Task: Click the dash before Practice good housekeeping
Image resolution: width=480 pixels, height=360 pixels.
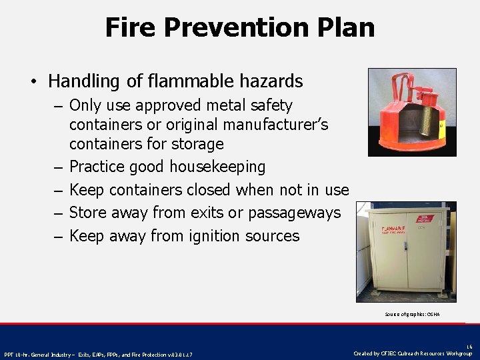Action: coord(59,167)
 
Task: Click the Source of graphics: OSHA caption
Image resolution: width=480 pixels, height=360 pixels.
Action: coord(412,314)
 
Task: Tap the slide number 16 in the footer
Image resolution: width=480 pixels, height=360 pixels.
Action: coord(470,347)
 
